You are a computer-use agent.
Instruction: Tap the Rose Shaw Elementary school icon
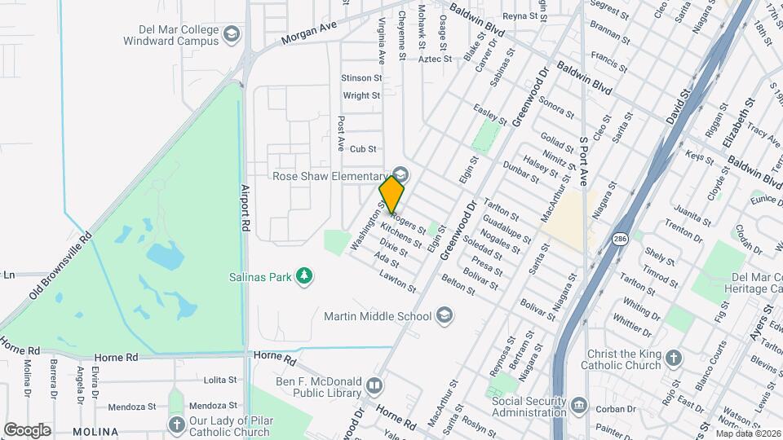[x=400, y=175]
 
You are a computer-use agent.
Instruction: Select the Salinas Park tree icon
[x=304, y=277]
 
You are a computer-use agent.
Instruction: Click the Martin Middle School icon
[x=445, y=315]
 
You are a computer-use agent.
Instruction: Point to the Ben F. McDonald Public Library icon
[x=374, y=385]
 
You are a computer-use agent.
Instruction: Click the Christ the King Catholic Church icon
[x=673, y=358]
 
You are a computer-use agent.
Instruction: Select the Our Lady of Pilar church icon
[x=177, y=424]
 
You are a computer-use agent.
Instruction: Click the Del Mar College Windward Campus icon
[x=232, y=34]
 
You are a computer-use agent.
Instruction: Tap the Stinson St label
[x=361, y=78]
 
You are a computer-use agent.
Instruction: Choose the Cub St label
[x=362, y=149]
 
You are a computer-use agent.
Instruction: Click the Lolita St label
[x=219, y=380]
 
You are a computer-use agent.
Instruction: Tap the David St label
[x=678, y=107]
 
